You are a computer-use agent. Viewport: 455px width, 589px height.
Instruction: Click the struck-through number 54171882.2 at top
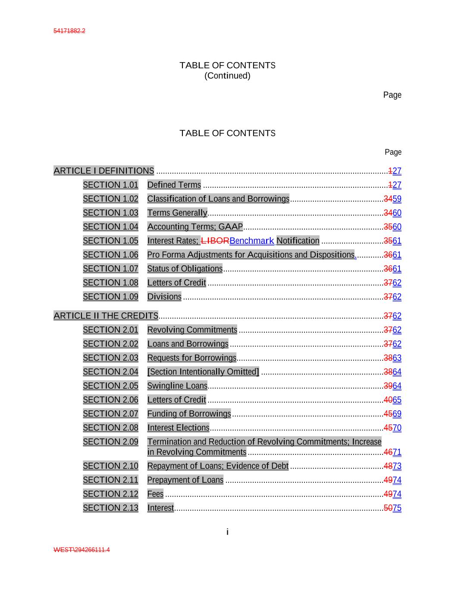click(69, 31)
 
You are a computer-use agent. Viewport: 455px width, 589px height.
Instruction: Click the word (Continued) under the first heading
click(227, 76)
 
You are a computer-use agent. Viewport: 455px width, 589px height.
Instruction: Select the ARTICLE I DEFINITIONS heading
click(104, 171)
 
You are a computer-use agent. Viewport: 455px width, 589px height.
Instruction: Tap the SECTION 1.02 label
click(110, 199)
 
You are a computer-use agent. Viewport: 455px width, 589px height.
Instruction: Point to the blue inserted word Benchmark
click(252, 241)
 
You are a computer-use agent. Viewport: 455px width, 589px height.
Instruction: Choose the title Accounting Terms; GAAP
click(195, 227)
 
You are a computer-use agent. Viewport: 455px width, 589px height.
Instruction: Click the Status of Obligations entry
click(185, 269)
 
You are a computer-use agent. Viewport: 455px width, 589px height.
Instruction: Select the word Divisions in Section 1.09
click(164, 297)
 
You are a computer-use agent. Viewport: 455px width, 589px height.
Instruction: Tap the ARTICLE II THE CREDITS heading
click(106, 316)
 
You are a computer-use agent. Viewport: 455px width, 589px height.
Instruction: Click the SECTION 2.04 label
click(110, 372)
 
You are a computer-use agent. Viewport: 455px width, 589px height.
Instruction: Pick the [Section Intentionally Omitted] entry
click(203, 372)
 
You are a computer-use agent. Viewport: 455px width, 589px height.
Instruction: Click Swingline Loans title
click(177, 386)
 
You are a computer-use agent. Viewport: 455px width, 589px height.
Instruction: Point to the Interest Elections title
click(178, 428)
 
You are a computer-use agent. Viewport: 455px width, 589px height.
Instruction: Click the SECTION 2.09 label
click(110, 442)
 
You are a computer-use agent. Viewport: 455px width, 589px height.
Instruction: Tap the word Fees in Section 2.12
click(155, 494)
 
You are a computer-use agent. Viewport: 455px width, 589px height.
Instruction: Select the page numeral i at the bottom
click(227, 532)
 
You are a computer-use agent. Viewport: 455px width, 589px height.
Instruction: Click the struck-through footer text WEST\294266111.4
click(82, 550)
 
